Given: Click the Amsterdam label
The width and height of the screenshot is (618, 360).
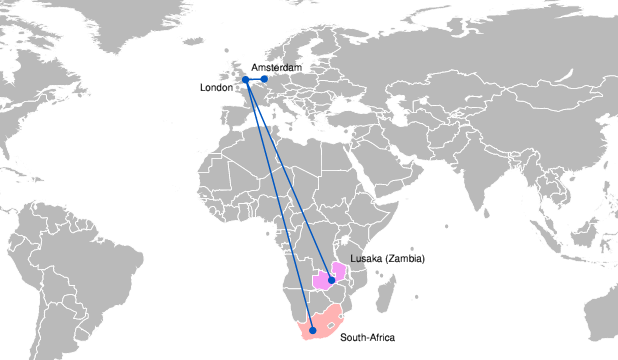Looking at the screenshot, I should pos(277,67).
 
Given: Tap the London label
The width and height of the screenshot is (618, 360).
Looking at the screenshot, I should pos(216,88).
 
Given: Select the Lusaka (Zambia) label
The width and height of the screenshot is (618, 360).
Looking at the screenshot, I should pos(388,259).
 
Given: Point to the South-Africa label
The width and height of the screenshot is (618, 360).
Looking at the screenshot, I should pos(367,337).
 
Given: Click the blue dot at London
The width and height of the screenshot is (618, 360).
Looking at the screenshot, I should pos(245,80).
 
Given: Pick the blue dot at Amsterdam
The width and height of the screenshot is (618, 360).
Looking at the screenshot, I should pos(265,79).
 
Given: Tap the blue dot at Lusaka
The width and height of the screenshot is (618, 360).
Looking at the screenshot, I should pos(331,281).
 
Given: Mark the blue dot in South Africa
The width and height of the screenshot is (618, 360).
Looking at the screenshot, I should pos(312,330).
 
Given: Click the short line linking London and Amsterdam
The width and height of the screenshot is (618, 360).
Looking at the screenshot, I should pos(255,79).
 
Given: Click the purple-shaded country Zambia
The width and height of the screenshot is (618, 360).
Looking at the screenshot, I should pos(322,279).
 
